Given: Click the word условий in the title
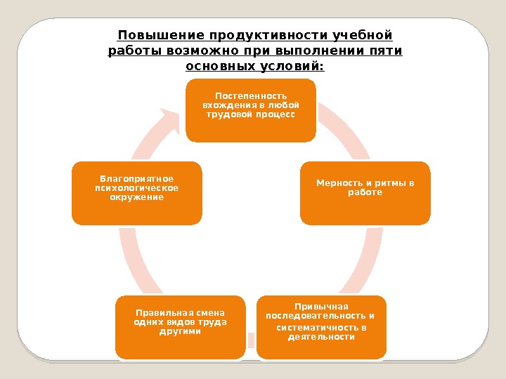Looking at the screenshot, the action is (x=295, y=67).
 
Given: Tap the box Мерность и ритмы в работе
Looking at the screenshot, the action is (x=365, y=193).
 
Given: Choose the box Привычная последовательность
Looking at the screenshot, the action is (x=320, y=326).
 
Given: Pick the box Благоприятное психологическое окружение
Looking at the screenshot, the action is (x=136, y=193).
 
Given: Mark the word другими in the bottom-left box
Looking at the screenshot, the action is (x=180, y=331).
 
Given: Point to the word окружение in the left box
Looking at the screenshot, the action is (x=136, y=197).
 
